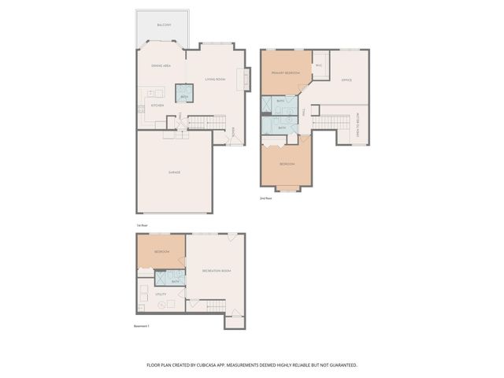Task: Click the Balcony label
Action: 164,25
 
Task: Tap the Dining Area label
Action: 161,66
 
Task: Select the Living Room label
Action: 216,80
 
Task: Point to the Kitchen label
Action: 157,105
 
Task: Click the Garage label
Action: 174,172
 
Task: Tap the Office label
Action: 346,80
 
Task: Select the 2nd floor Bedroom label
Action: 287,164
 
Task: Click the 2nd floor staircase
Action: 331,121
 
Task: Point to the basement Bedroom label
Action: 162,251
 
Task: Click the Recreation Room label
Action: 216,271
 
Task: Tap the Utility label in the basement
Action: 161,294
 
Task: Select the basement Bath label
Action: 176,280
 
